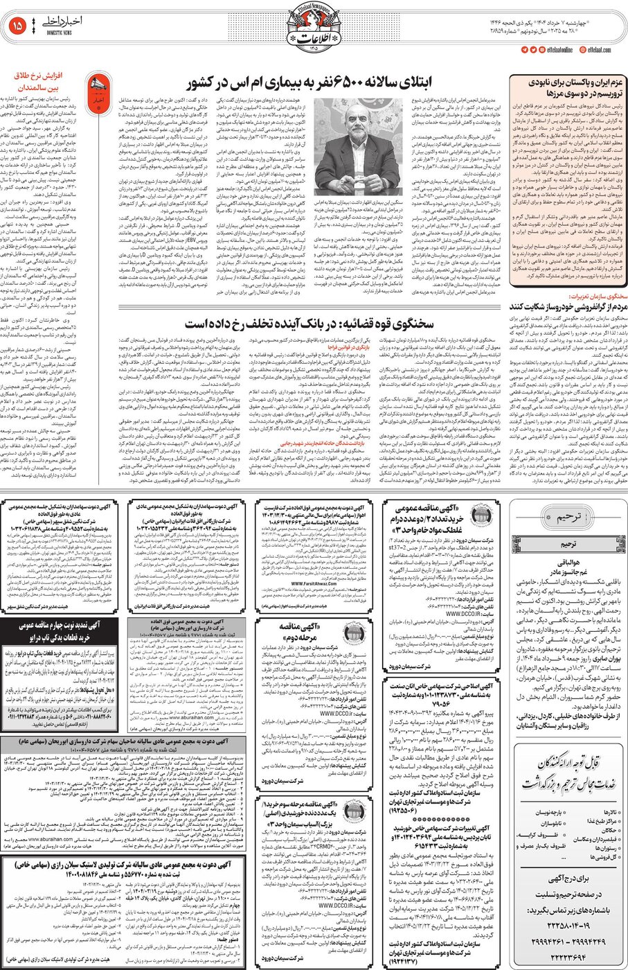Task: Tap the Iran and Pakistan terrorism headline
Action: click(x=566, y=87)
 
